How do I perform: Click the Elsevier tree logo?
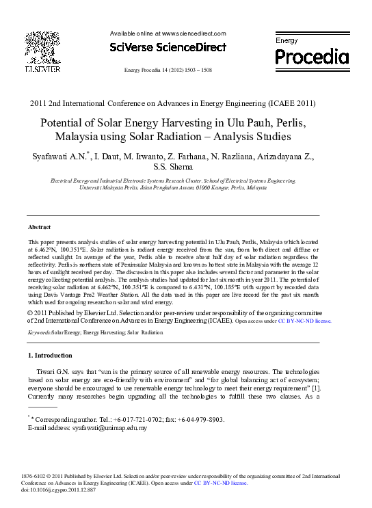[x=42, y=46]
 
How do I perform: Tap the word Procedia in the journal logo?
[x=311, y=55]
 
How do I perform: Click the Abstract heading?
[x=39, y=226]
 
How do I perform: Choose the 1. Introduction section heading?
[x=49, y=356]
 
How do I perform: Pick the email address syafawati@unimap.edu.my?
[x=103, y=427]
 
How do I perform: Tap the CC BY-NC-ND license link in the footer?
[x=220, y=483]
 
